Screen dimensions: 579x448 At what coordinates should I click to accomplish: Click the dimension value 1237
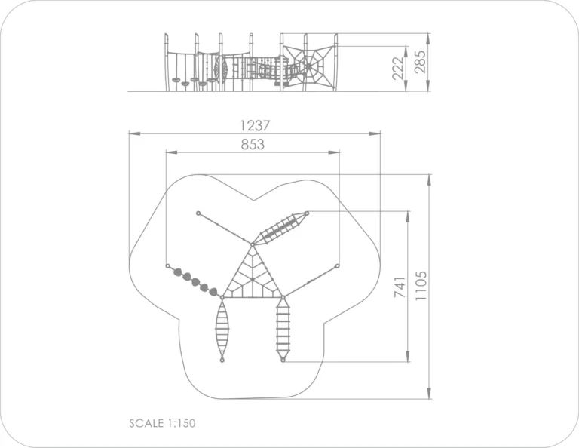(x=255, y=125)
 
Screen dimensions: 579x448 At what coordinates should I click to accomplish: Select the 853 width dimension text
(x=253, y=144)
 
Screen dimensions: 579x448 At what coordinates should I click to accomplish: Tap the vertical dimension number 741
(x=400, y=287)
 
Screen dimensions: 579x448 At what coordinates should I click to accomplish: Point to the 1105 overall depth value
(x=421, y=286)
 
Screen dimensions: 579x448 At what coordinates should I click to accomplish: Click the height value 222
(x=398, y=69)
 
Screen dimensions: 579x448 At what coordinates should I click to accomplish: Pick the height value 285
(x=420, y=62)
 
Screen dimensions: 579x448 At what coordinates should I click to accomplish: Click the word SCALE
(x=146, y=423)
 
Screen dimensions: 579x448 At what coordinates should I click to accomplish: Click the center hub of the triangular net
(x=253, y=280)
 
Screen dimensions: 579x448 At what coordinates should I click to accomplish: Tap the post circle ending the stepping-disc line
(x=167, y=266)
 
